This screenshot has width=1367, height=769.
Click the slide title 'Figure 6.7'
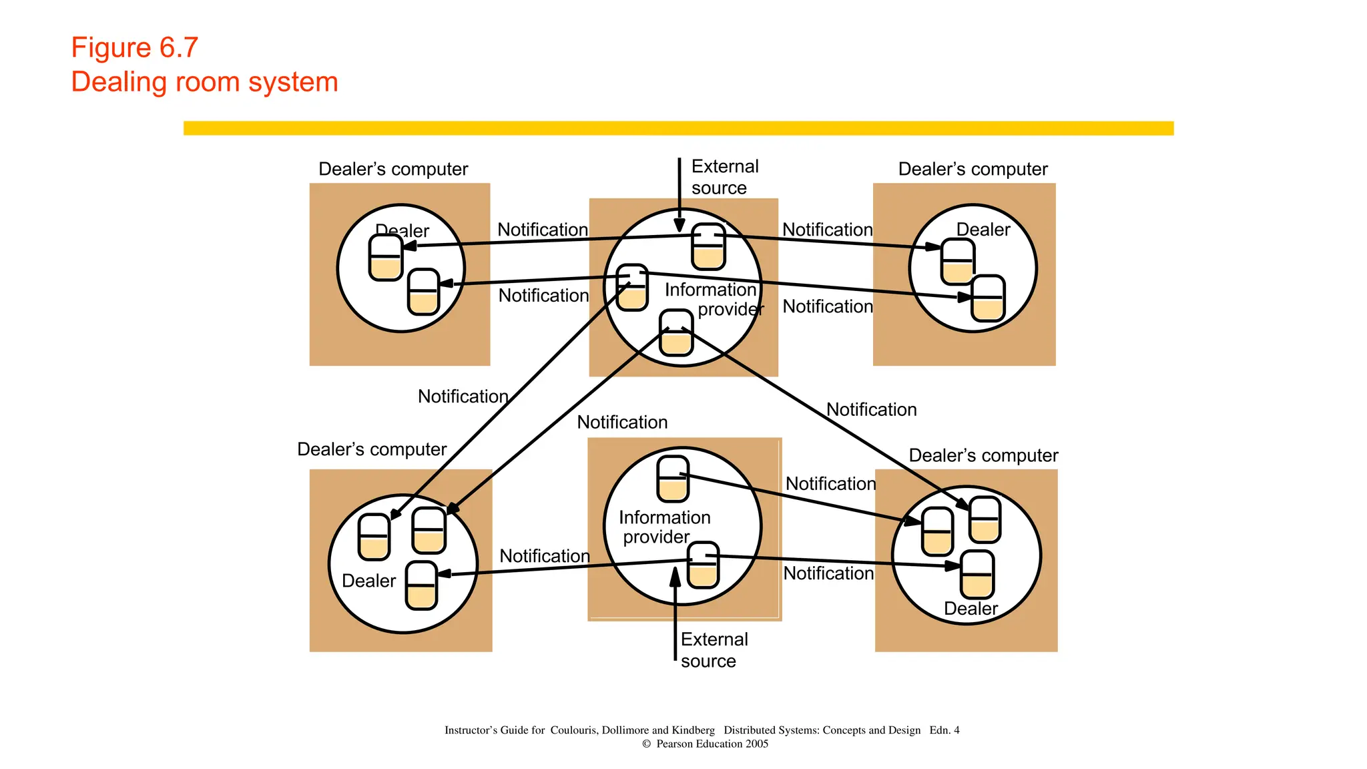pyautogui.click(x=135, y=48)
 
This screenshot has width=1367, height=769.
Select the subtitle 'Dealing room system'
pyautogui.click(x=204, y=82)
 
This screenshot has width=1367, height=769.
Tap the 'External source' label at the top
pyautogui.click(x=724, y=177)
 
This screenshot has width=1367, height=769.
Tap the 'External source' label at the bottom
pyautogui.click(x=714, y=650)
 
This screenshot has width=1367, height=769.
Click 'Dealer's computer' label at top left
pyautogui.click(x=392, y=169)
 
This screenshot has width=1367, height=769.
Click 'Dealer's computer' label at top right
pyautogui.click(x=973, y=169)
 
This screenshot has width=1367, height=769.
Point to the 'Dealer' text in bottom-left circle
pyautogui.click(x=368, y=581)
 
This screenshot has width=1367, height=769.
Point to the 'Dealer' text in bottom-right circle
pyautogui.click(x=971, y=609)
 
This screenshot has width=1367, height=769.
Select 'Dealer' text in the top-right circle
pyautogui.click(x=983, y=230)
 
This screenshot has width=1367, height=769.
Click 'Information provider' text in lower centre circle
pyautogui.click(x=663, y=527)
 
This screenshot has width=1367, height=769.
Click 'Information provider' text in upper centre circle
pyautogui.click(x=713, y=299)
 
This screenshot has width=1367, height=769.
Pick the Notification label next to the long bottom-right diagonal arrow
pyautogui.click(x=871, y=409)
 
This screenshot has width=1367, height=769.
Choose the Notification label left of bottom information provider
pyautogui.click(x=544, y=555)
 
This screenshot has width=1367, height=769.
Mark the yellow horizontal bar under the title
pyautogui.click(x=678, y=128)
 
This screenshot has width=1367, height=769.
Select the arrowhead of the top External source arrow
pyautogui.click(x=679, y=225)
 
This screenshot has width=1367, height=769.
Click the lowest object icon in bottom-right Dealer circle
pyautogui.click(x=977, y=575)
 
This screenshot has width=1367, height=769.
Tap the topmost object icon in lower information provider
pyautogui.click(x=672, y=479)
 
